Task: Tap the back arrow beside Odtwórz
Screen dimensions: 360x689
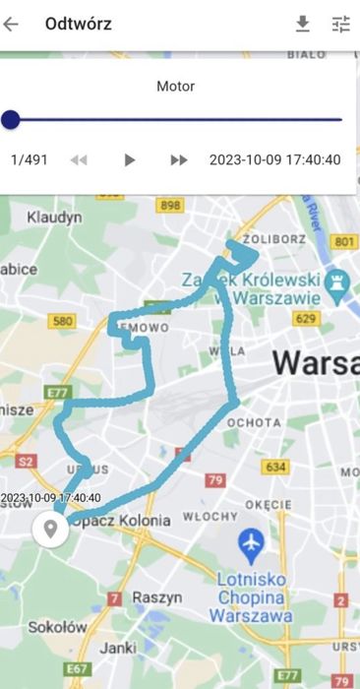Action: [x=11, y=25]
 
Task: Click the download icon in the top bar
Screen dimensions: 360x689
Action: [x=303, y=25]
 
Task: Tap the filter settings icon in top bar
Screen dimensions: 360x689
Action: [x=341, y=25]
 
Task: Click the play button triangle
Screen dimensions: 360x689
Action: [x=129, y=159]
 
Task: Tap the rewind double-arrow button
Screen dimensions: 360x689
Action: [x=79, y=159]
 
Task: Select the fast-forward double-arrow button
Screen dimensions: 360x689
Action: [x=179, y=159]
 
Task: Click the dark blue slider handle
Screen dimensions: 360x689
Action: [x=11, y=120]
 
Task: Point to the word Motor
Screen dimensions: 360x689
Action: [x=176, y=87]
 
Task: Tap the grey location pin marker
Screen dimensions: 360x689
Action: [x=49, y=529]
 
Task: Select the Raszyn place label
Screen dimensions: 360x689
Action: [x=158, y=596]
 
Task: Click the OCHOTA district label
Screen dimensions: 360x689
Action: [x=253, y=422]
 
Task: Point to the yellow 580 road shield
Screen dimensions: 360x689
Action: [x=63, y=321]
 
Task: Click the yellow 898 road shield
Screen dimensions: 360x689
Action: [x=170, y=205]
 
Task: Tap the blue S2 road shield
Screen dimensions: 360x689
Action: [x=27, y=459]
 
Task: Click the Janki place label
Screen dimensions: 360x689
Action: [x=117, y=648]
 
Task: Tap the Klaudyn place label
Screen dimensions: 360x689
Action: [x=54, y=216]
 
